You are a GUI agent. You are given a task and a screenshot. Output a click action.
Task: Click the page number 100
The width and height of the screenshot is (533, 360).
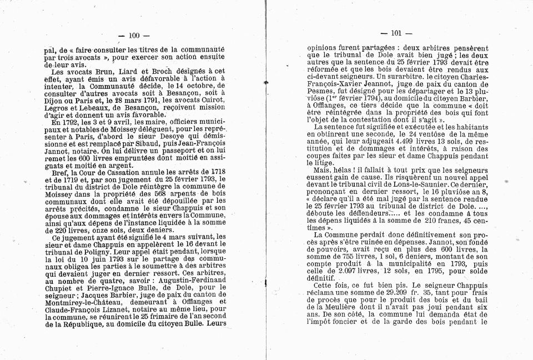click(x=134, y=36)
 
